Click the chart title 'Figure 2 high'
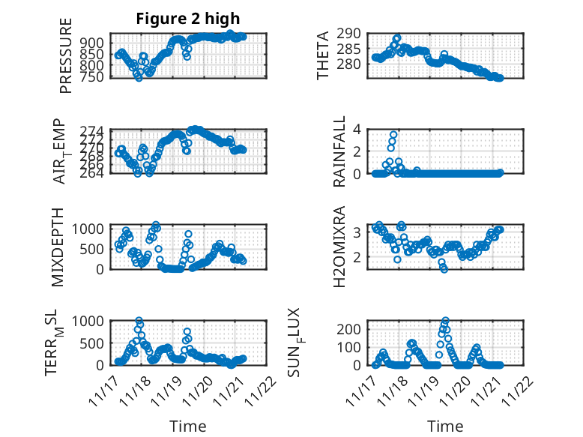click(x=188, y=19)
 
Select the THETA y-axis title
click(x=323, y=55)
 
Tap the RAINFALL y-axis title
click(x=339, y=151)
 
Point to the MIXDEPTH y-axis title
click(x=58, y=247)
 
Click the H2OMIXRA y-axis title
click(x=339, y=247)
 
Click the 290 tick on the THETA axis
click(x=351, y=34)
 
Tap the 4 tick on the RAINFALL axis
click(x=358, y=129)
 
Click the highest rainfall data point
click(x=393, y=135)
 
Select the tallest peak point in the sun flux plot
click(x=446, y=321)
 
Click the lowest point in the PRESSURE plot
click(x=139, y=77)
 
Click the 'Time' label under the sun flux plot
click(x=445, y=426)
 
